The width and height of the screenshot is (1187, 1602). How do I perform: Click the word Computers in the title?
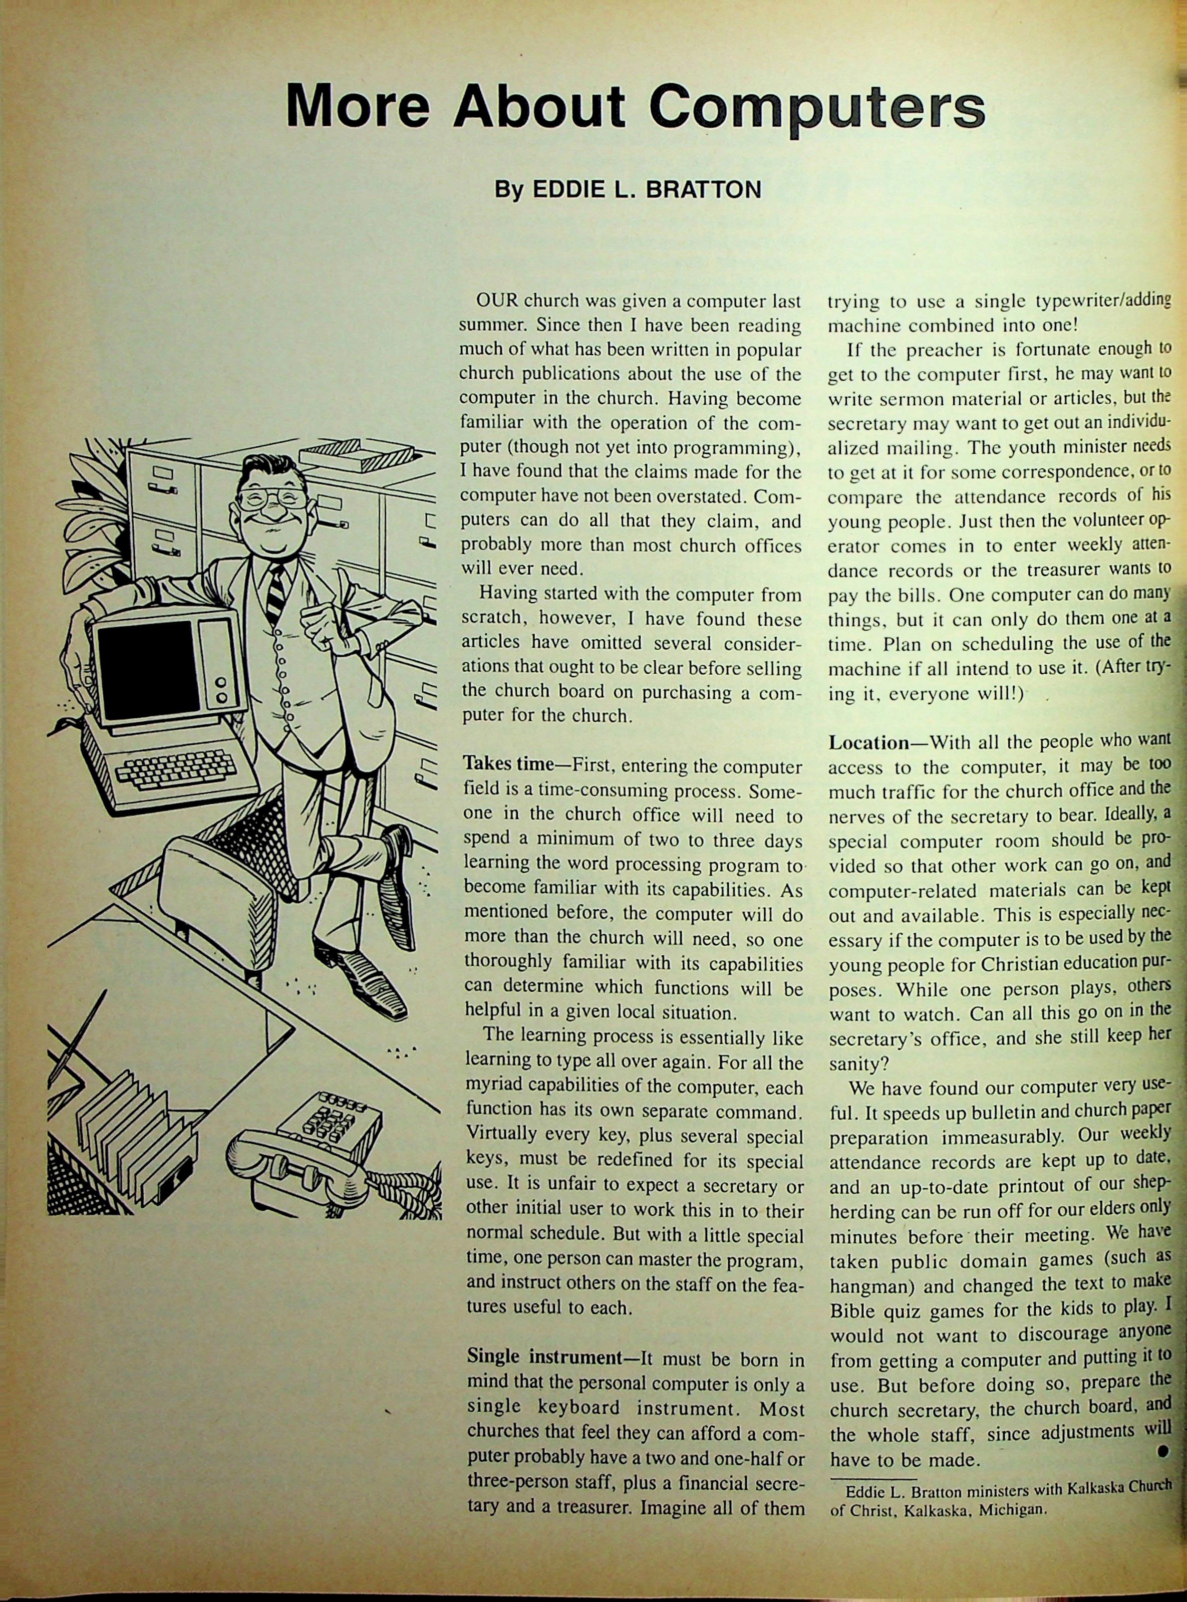(x=816, y=108)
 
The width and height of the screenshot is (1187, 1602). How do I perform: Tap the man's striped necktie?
(x=274, y=592)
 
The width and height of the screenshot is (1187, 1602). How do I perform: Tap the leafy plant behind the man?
(x=90, y=517)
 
